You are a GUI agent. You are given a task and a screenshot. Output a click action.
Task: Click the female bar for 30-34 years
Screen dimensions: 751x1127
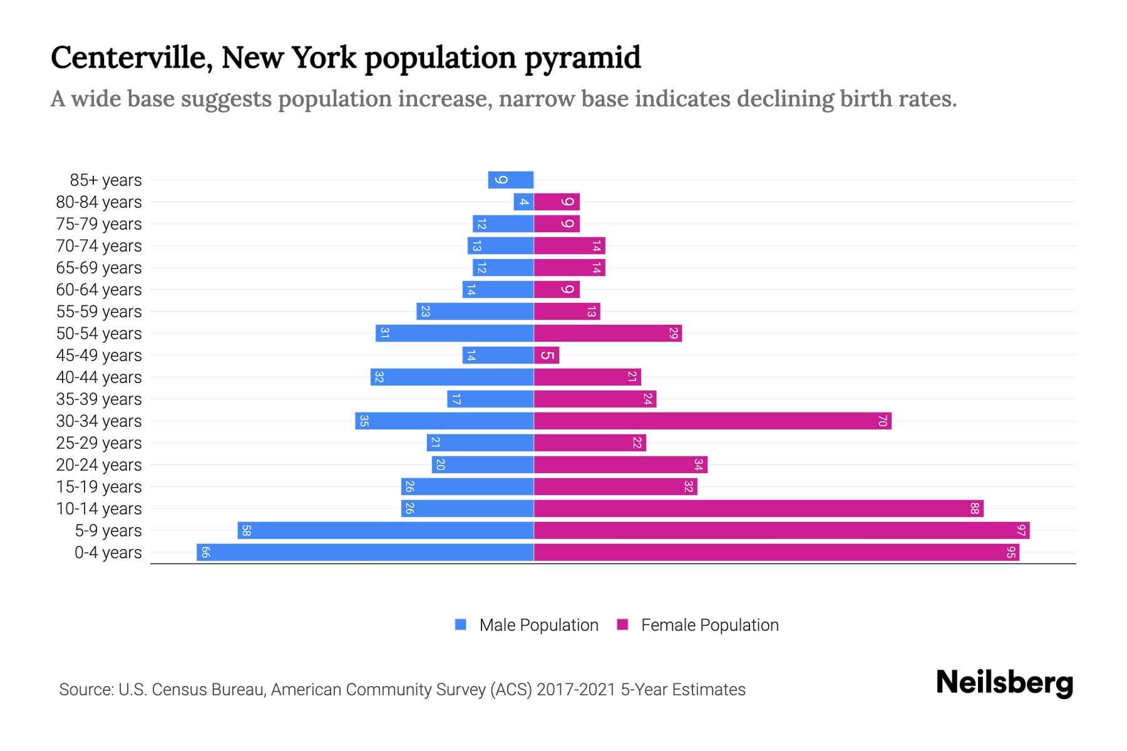[x=713, y=421]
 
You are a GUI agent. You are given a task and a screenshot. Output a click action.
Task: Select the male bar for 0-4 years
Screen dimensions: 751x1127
[x=365, y=553]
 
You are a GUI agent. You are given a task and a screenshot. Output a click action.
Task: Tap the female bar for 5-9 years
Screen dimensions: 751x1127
[x=781, y=531]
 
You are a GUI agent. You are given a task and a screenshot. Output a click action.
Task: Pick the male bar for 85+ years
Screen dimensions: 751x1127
[x=511, y=180]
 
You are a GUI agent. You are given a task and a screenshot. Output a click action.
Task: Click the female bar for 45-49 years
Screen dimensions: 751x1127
[x=547, y=355]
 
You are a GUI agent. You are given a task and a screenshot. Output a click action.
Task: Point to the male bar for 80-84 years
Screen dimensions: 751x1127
[x=523, y=202]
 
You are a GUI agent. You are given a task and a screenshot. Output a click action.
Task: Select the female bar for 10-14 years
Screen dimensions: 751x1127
[x=758, y=509]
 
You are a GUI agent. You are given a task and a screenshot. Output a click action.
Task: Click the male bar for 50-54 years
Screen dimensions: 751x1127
[x=455, y=334]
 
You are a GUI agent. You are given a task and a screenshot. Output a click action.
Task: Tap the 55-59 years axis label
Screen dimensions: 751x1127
[x=99, y=312]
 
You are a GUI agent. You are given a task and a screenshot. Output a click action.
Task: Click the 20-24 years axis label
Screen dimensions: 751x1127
[x=99, y=465]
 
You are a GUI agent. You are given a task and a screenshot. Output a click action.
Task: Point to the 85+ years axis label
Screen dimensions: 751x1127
[x=106, y=180]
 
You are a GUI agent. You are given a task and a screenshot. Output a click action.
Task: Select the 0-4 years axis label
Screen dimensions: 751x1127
[x=108, y=553]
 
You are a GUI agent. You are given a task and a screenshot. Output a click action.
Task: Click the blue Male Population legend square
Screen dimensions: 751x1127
[x=461, y=625]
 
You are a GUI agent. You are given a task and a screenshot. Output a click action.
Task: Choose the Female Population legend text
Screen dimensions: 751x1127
[x=709, y=625]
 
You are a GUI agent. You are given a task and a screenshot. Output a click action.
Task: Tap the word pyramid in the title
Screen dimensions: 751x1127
[x=582, y=58]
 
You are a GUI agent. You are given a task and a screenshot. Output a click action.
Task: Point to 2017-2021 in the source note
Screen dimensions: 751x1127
[x=575, y=690]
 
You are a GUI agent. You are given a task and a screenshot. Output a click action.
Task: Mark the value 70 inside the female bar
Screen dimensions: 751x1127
[x=882, y=421]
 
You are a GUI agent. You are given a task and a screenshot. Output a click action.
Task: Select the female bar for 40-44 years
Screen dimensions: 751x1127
[x=587, y=377]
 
